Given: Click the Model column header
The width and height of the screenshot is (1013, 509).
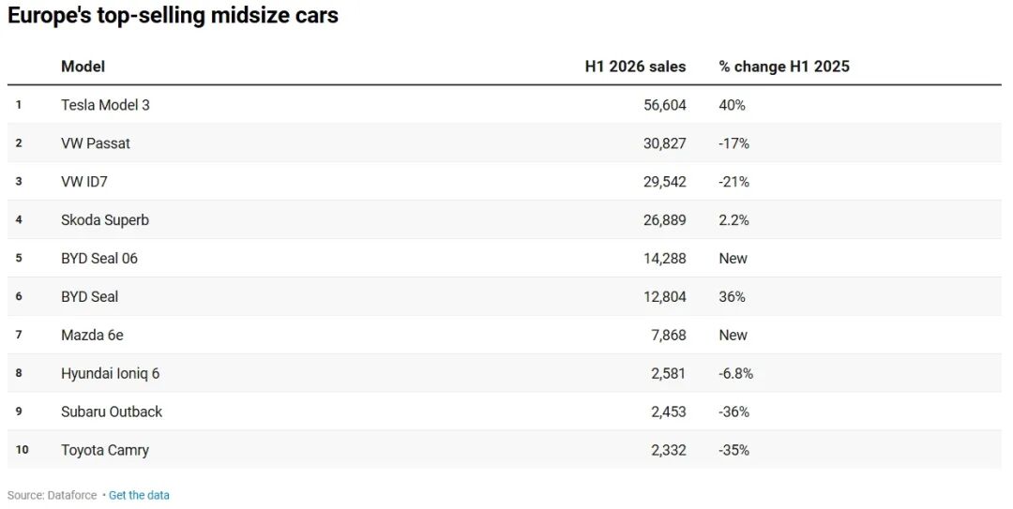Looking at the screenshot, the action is (83, 67).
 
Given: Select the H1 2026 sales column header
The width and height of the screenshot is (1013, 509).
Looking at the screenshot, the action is (635, 67).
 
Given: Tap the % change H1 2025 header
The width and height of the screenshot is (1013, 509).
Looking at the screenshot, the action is (783, 67).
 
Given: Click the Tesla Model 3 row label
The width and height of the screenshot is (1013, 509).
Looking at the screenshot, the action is (105, 105).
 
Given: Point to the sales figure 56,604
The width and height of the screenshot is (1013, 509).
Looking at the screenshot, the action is (665, 105).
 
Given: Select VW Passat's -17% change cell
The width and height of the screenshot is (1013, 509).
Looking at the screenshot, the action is (733, 143).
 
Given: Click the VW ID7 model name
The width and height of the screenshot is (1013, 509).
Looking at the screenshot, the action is (84, 182).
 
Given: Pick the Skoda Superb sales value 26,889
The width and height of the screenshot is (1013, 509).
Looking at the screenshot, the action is (665, 219).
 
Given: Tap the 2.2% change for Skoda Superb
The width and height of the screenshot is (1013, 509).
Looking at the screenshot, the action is (733, 219).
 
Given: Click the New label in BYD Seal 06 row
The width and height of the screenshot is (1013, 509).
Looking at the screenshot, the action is (733, 259).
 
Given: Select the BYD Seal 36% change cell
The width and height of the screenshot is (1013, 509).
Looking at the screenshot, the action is (732, 296).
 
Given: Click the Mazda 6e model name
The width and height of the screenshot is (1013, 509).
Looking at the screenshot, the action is (92, 335).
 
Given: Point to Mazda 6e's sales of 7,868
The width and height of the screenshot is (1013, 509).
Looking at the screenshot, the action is (669, 335).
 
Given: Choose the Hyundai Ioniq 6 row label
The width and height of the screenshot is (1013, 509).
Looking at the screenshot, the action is (110, 373).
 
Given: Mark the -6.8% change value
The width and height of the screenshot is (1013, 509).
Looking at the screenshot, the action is (736, 373).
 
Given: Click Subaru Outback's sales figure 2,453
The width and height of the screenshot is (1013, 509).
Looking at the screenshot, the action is (669, 412).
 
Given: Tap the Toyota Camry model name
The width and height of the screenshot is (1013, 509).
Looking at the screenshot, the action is (105, 450).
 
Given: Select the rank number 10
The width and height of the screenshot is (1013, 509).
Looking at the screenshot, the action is (22, 450).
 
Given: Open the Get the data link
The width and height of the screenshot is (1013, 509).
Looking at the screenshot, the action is (139, 496).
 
